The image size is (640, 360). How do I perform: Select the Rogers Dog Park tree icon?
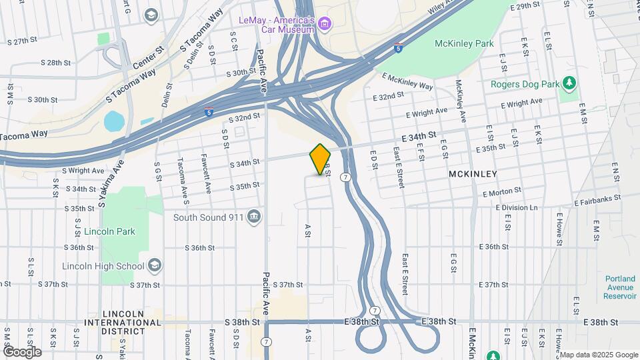[569, 83]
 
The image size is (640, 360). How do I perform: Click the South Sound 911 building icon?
[253, 217]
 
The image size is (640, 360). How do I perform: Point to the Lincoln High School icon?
[155, 266]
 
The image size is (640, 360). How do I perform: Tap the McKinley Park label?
[463, 43]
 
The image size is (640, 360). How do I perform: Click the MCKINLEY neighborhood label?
[473, 173]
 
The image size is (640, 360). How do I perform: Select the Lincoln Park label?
[110, 231]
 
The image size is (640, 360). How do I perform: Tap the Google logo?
[21, 351]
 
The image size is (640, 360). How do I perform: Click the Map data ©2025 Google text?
[597, 355]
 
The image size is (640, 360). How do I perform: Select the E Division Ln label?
[515, 207]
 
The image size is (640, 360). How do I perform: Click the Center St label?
[148, 57]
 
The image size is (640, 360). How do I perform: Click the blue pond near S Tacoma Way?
[114, 121]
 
